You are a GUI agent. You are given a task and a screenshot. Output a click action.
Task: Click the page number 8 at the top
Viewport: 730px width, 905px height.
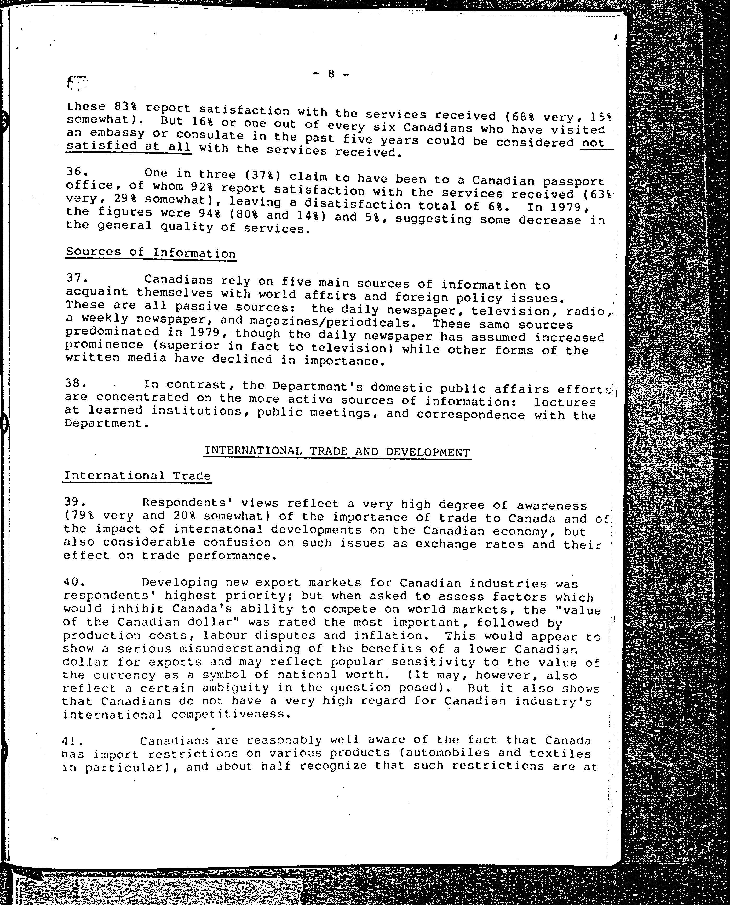tap(331, 74)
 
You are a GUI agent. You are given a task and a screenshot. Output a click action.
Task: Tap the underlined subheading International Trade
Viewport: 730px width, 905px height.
tap(137, 476)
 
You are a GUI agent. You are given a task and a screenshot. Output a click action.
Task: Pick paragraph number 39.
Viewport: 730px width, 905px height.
tap(75, 501)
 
